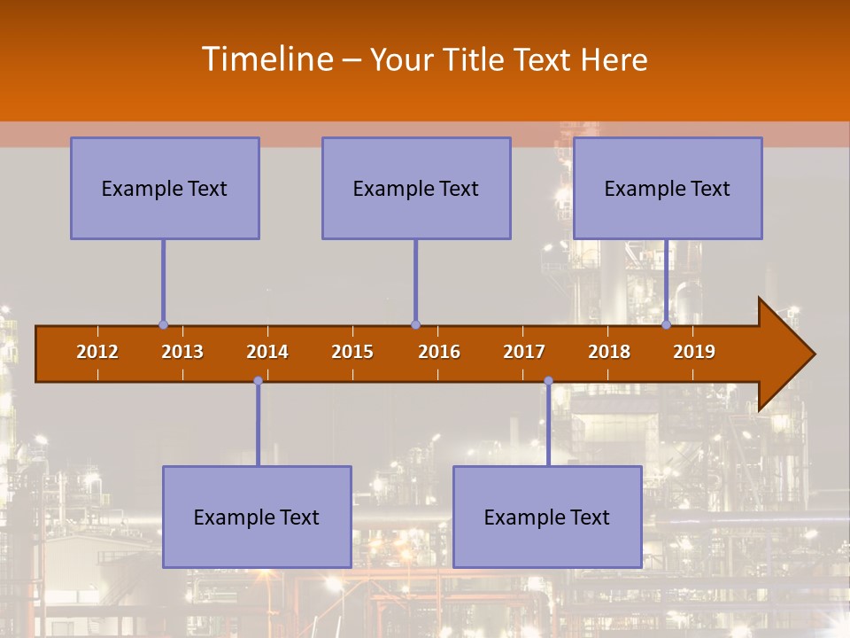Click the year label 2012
pos(97,352)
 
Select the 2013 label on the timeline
pos(182,352)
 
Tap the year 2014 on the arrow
pos(267,352)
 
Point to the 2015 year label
pos(352,352)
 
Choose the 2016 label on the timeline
pos(439,352)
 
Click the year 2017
pos(524,352)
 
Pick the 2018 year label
pos(609,352)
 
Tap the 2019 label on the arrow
pos(694,352)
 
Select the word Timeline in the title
pos(266,59)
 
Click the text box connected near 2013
pos(165,188)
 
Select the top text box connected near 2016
pos(416,188)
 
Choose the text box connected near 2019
pos(668,188)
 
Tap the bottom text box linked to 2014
pos(257,517)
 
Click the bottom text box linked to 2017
pos(547,517)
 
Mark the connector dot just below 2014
pos(258,381)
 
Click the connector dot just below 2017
pos(548,381)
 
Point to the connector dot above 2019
pos(667,324)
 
